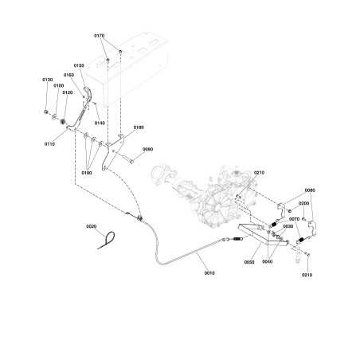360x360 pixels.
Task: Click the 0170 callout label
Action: click(x=100, y=36)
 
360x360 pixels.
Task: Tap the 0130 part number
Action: click(x=48, y=80)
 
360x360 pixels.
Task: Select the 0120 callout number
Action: click(x=68, y=92)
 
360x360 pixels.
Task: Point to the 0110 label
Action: click(x=49, y=144)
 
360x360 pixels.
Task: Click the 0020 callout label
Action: click(x=92, y=226)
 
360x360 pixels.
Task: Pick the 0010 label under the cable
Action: click(x=209, y=272)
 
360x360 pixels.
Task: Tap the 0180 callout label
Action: click(x=139, y=127)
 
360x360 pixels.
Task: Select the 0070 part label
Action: click(x=295, y=219)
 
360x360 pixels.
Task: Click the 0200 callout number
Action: click(x=303, y=203)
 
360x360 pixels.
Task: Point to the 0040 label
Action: click(x=267, y=261)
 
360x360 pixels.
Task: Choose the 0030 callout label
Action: click(x=288, y=226)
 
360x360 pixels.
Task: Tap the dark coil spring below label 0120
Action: click(x=63, y=122)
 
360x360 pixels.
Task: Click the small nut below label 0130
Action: click(x=45, y=112)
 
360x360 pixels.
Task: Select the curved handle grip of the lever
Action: click(x=88, y=94)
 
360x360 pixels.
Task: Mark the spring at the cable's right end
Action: click(x=237, y=240)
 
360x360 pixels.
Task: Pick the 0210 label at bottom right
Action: click(x=307, y=275)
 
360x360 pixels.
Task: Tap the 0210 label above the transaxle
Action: click(x=259, y=173)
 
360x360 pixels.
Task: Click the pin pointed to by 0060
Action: click(x=132, y=160)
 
